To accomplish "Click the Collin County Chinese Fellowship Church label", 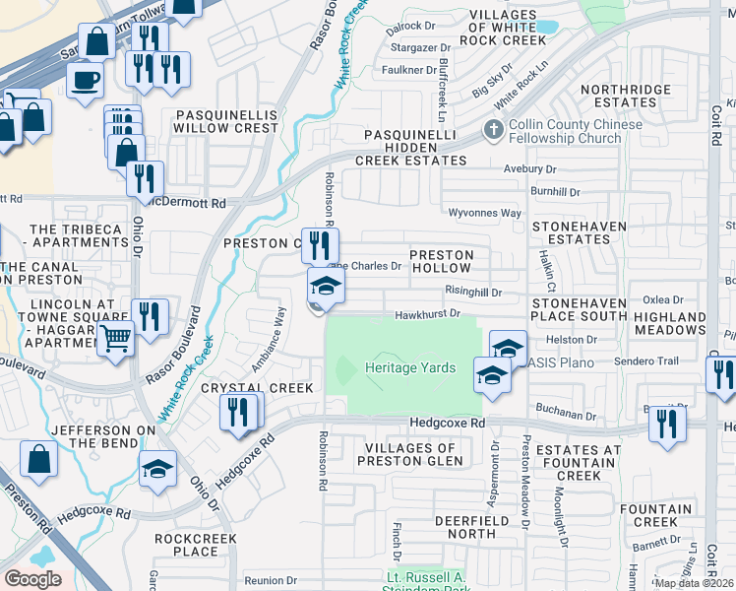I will [565, 131].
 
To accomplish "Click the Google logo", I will [32, 579].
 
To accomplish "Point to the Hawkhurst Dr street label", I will [428, 315].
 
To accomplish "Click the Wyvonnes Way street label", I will [484, 213].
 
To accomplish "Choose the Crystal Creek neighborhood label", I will [257, 388].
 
